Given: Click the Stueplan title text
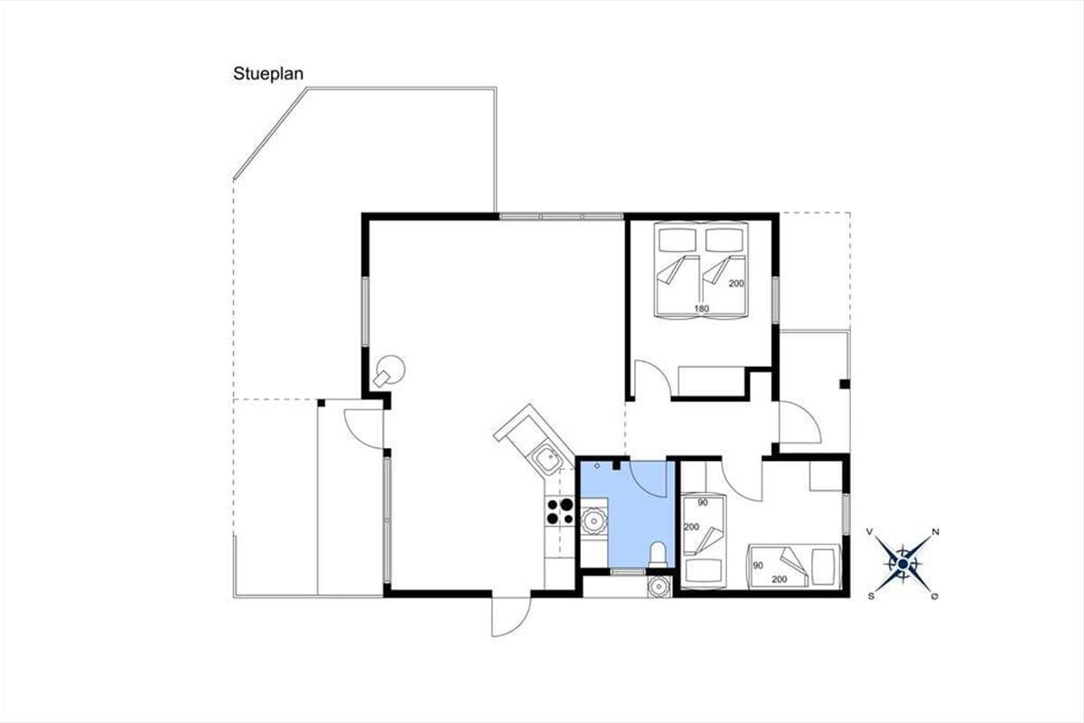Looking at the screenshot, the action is (x=268, y=74).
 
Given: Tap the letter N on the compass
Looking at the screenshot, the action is (x=936, y=531).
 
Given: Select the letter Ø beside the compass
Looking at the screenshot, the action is (x=934, y=596).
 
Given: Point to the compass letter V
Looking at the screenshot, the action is (x=870, y=531).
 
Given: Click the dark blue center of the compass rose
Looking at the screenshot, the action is (x=902, y=564).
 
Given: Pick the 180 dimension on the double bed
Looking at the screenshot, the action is (x=701, y=308).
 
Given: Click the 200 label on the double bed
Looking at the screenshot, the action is (x=736, y=283).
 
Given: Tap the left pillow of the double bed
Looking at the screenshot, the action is (x=677, y=239).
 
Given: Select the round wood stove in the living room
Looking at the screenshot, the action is (x=389, y=371).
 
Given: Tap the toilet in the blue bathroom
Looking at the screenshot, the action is (x=658, y=555).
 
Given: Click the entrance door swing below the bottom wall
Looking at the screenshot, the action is (x=510, y=616).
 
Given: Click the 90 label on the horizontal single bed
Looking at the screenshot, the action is (x=758, y=566).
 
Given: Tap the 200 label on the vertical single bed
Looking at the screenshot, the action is (x=692, y=527).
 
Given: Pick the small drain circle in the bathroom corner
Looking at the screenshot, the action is (x=597, y=465).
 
